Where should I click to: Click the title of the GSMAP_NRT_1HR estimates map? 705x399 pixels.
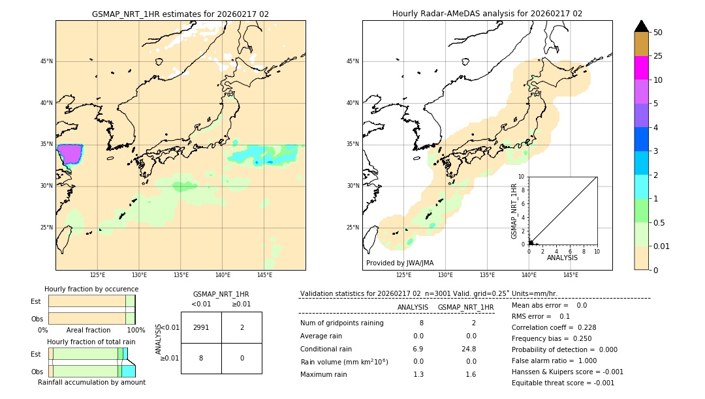click(x=180, y=14)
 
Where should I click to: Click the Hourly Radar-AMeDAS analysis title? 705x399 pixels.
click(x=487, y=14)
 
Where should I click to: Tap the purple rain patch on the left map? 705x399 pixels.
click(x=69, y=154)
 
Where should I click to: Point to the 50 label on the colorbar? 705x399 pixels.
click(x=658, y=33)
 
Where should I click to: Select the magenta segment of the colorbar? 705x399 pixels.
click(x=641, y=68)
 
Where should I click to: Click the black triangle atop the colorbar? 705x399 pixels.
click(x=641, y=26)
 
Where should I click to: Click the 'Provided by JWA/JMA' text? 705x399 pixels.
click(x=399, y=263)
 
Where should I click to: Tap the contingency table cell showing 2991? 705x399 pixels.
click(x=201, y=327)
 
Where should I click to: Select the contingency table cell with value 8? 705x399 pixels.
click(x=201, y=358)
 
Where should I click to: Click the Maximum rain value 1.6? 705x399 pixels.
click(x=470, y=374)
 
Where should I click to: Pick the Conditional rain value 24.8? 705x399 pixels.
click(x=470, y=349)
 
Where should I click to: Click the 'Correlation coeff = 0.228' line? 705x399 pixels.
click(x=554, y=327)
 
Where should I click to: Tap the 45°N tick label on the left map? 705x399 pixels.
click(x=46, y=61)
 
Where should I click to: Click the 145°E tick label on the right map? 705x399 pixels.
click(x=571, y=275)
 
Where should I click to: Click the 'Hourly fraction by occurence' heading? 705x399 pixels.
click(x=91, y=289)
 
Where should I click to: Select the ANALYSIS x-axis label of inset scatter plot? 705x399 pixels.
click(x=562, y=258)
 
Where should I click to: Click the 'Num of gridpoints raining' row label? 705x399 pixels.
click(x=341, y=323)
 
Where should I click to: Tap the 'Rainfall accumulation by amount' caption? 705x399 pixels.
click(x=91, y=382)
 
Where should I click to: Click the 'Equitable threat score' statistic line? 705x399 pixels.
click(x=563, y=383)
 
